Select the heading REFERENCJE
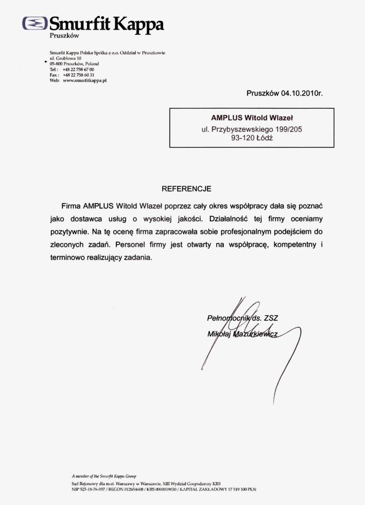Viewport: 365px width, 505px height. [187, 189]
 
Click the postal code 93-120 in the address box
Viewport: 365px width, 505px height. [243, 138]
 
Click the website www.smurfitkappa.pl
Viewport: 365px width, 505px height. [85, 80]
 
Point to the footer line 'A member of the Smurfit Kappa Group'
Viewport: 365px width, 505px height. [104, 476]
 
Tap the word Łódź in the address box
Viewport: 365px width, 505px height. [264, 138]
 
